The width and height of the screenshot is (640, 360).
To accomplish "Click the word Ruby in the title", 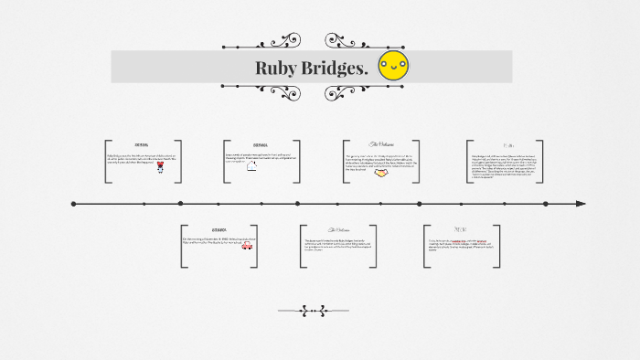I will (x=277, y=68).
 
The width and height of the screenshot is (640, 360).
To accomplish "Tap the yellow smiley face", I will (x=394, y=65).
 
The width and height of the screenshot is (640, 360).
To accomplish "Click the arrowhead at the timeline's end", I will (x=580, y=203).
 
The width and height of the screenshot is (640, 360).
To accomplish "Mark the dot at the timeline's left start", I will (x=74, y=203).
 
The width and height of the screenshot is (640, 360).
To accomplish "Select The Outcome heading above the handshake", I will (x=381, y=145).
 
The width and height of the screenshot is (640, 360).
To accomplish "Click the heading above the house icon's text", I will (x=261, y=145).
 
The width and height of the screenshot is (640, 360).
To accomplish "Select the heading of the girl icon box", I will (x=142, y=145).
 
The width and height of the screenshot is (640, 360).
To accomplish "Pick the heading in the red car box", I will (x=219, y=229).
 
